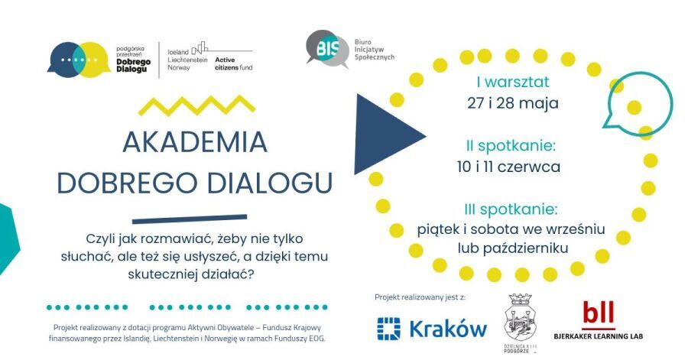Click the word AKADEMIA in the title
pyautogui.click(x=195, y=141)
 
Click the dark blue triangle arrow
pyautogui.click(x=387, y=135)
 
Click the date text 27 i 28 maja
pyautogui.click(x=513, y=102)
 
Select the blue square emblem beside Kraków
pyautogui.click(x=389, y=329)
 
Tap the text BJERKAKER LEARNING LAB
pyautogui.click(x=598, y=335)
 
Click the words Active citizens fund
pyautogui.click(x=234, y=63)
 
